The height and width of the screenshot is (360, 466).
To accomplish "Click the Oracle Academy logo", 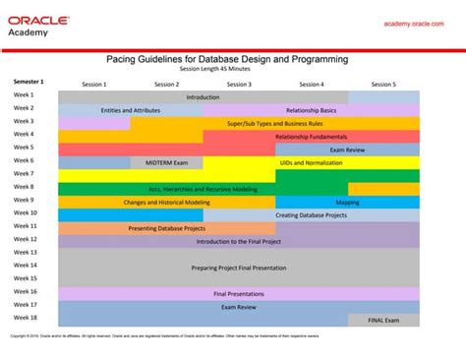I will coord(40,26).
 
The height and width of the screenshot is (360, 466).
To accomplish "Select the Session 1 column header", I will coord(94,85).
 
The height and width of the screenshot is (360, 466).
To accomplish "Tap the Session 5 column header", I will coord(383,85).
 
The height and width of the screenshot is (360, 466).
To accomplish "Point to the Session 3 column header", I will coord(239,85).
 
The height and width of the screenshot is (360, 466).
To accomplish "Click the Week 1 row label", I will coord(24,95).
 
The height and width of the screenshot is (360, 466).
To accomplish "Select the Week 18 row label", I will coord(25,318).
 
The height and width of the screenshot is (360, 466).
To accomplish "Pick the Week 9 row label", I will coord(24,200).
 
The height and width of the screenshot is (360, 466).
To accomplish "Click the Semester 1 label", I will coord(29,81).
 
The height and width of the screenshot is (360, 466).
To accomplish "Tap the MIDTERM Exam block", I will coord(166,162).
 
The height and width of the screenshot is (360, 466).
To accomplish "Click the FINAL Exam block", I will coord(383,320).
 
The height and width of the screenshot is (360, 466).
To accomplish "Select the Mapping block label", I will coord(347,202).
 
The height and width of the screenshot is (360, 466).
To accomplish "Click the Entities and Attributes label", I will coord(131,110).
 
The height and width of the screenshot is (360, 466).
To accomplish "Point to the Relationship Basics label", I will coord(311,110).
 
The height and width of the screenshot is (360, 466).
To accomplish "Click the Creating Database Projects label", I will coord(311,214).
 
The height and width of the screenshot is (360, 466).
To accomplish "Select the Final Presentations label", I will coord(239,293).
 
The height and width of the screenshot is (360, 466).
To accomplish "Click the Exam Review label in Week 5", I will coord(348,150).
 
